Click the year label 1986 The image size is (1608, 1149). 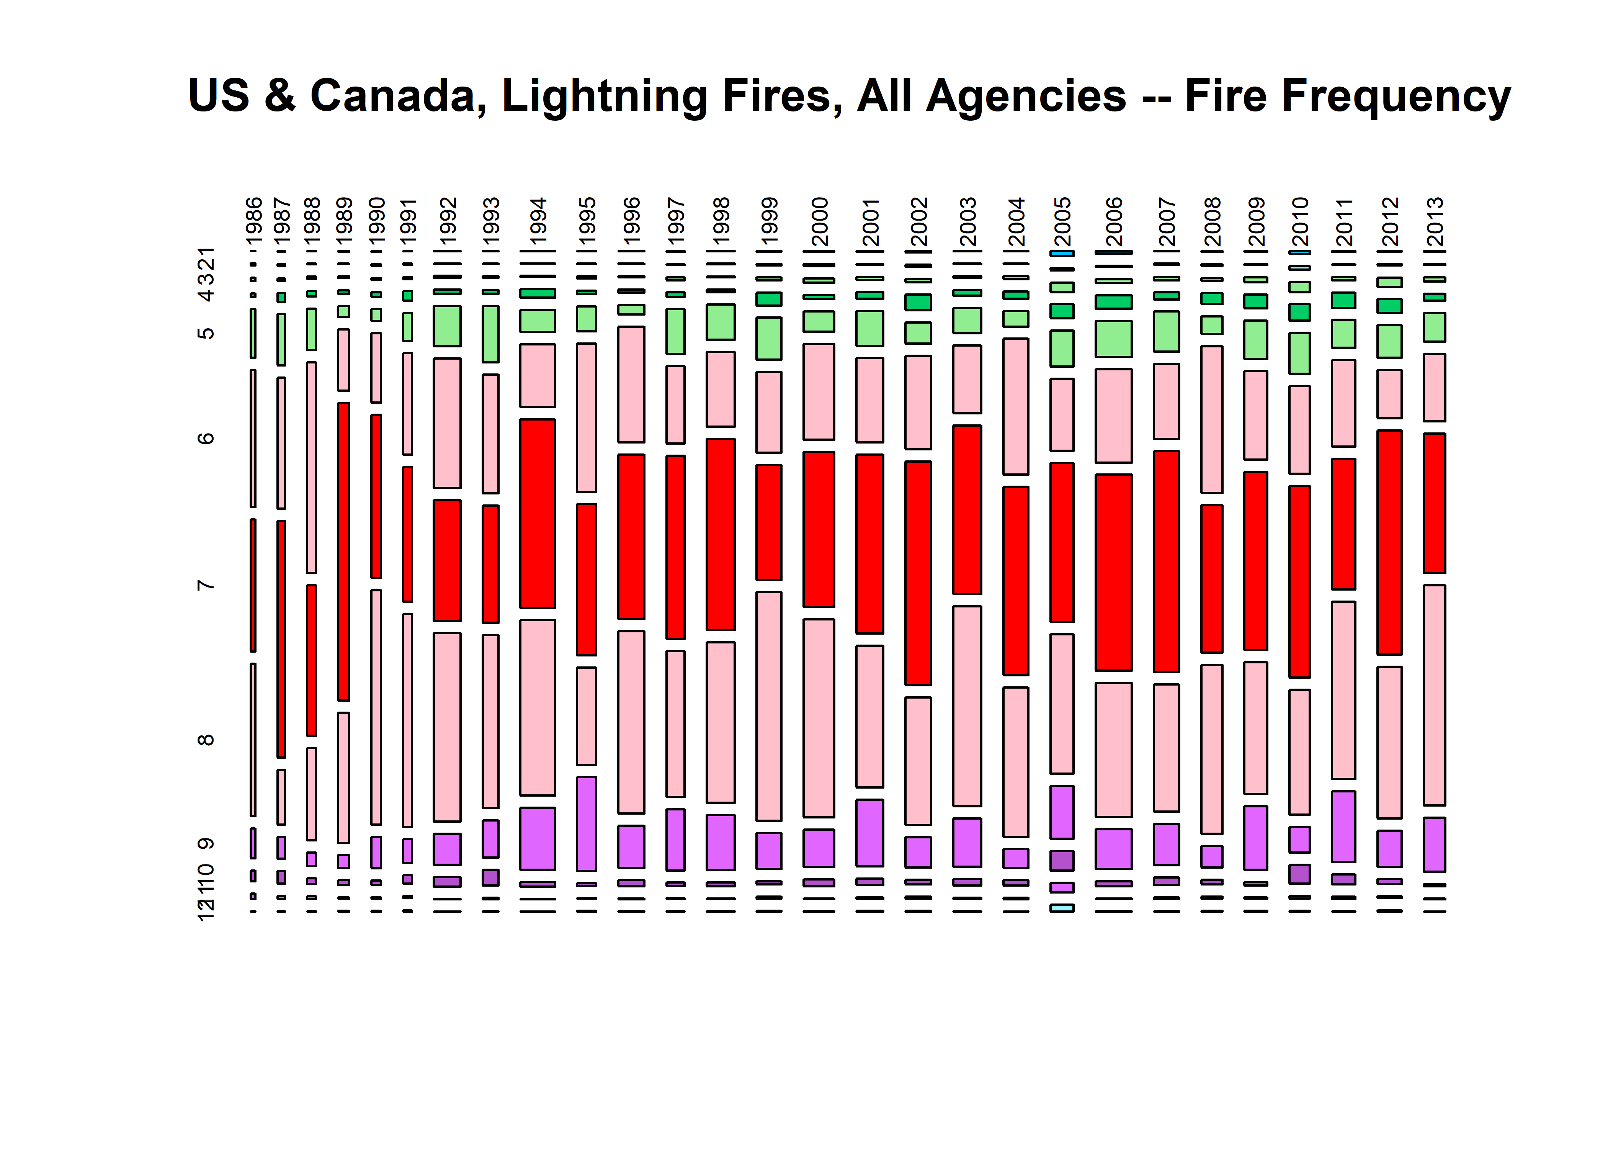[x=254, y=220]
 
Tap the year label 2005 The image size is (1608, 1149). [x=1062, y=220]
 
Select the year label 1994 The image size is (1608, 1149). [x=538, y=220]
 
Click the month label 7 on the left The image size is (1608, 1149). [x=205, y=585]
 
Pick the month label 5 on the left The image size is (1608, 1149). [x=205, y=332]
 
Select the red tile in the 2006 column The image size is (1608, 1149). [x=1114, y=572]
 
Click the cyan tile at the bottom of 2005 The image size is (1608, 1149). [x=1062, y=908]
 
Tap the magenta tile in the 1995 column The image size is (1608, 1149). [x=586, y=823]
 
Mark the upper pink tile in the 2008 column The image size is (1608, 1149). [x=1211, y=419]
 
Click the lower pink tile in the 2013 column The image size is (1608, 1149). [x=1434, y=695]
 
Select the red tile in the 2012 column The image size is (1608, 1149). [x=1389, y=542]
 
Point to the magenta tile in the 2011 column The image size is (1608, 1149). [x=1343, y=827]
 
